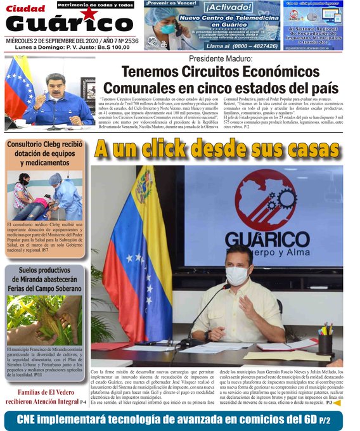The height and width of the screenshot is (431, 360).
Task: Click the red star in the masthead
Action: click(89, 14)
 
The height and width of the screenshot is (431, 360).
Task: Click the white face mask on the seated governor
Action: click(237, 275)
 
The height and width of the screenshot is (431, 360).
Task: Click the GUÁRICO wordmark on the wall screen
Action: click(267, 238)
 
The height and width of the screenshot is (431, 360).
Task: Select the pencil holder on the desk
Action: click(326, 343)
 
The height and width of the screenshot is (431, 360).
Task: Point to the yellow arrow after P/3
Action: click(337, 402)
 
